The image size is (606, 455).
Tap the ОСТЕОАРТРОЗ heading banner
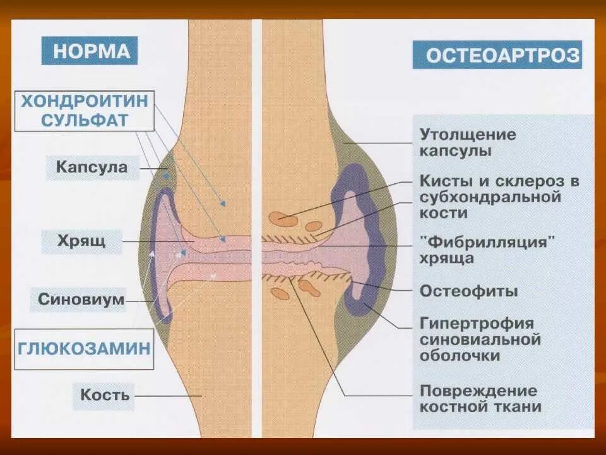[497, 55]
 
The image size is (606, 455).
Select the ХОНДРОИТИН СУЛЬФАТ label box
[85, 111]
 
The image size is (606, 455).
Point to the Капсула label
[92, 167]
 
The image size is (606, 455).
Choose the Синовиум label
[81, 300]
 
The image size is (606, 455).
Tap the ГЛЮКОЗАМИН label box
[85, 348]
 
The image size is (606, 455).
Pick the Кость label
[105, 395]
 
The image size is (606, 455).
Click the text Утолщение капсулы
[468, 143]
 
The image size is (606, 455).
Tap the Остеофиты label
[469, 291]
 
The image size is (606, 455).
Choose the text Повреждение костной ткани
[480, 398]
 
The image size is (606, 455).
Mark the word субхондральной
[490, 197]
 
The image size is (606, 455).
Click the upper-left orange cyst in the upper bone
[282, 219]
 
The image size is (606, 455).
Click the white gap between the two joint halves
[257, 126]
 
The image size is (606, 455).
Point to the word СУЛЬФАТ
[85, 120]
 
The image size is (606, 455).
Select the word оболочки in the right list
[460, 356]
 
